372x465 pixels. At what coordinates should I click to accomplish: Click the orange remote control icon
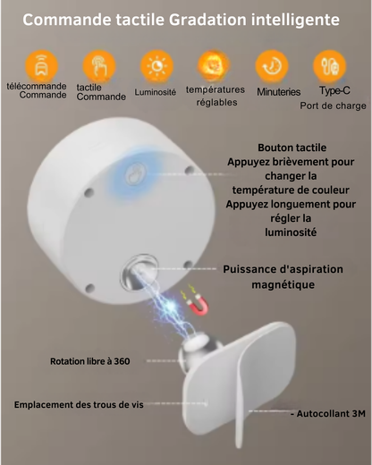pyautogui.click(x=41, y=66)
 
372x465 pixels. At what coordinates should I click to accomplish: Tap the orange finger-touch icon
pyautogui.click(x=99, y=66)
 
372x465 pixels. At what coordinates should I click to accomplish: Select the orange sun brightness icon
pyautogui.click(x=156, y=66)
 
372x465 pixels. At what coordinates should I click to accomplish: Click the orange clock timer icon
pyautogui.click(x=272, y=66)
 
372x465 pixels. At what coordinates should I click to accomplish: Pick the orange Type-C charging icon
pyautogui.click(x=329, y=66)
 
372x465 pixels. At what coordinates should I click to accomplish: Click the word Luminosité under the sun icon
pyautogui.click(x=156, y=92)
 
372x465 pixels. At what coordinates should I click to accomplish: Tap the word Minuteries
pyautogui.click(x=279, y=92)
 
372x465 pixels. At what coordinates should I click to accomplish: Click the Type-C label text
pyautogui.click(x=334, y=90)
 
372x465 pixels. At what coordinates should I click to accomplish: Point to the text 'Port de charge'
pyautogui.click(x=333, y=106)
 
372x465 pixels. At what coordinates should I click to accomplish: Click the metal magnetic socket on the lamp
pyautogui.click(x=139, y=273)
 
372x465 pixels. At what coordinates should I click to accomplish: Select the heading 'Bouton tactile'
pyautogui.click(x=292, y=148)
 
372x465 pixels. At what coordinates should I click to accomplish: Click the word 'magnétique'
pyautogui.click(x=283, y=284)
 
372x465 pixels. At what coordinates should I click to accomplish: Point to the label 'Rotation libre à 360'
pyautogui.click(x=90, y=361)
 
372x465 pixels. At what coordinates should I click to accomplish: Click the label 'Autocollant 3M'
pyautogui.click(x=328, y=414)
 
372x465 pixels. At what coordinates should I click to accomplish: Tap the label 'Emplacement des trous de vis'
pyautogui.click(x=79, y=404)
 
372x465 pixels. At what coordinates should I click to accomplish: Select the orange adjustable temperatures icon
pyautogui.click(x=215, y=66)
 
